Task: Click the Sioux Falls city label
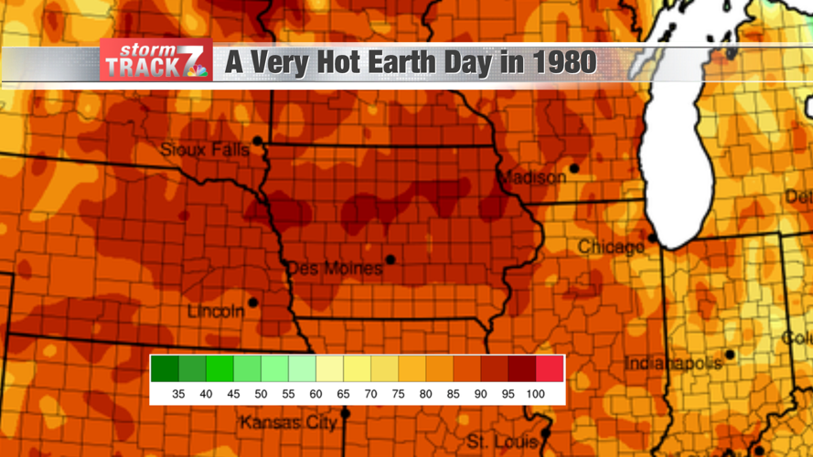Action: click(204, 149)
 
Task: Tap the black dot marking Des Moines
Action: click(390, 260)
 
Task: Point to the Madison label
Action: click(532, 177)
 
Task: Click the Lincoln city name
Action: click(216, 312)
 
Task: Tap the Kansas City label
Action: click(288, 422)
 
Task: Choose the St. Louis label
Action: click(502, 441)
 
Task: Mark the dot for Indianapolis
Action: click(730, 355)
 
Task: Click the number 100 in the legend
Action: click(536, 394)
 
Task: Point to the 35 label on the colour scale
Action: click(178, 394)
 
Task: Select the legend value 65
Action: click(343, 394)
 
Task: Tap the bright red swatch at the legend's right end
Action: click(551, 369)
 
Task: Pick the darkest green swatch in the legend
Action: click(165, 369)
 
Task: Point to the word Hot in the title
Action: click(332, 62)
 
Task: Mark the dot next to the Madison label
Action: click(574, 168)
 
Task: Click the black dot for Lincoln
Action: click(253, 303)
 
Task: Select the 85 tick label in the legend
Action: click(454, 394)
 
